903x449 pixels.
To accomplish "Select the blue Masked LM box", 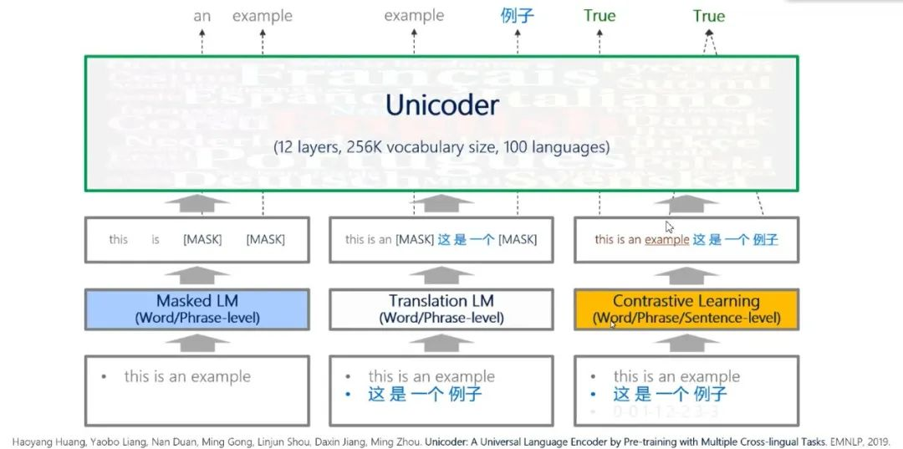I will coord(196,309).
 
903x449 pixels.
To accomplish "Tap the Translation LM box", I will coord(441,309).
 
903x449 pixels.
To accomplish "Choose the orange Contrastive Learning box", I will coord(686,309).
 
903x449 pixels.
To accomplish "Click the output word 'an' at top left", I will coord(202,16).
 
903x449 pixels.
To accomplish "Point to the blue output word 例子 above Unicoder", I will coord(517,16).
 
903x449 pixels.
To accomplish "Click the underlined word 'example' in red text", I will coord(666,240).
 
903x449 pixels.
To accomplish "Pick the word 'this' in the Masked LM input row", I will coord(119,240).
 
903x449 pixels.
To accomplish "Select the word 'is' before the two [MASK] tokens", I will coord(156,240).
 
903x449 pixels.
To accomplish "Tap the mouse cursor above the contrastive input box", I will coord(669,227).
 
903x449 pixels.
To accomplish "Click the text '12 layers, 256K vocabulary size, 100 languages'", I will coord(441,147).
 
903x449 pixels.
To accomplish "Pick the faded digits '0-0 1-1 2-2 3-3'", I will coord(666,412).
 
